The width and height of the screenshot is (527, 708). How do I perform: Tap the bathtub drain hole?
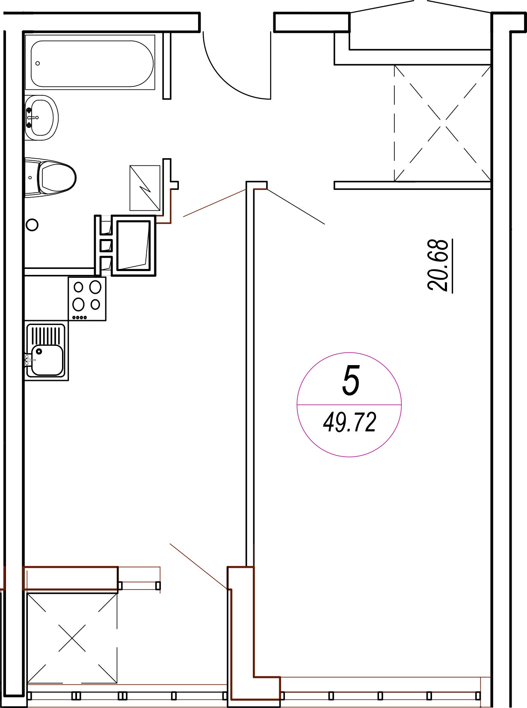pyautogui.click(x=38, y=63)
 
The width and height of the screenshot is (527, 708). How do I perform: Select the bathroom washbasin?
pyautogui.click(x=41, y=118)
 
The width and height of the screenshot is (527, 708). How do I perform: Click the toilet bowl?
pyautogui.click(x=57, y=177)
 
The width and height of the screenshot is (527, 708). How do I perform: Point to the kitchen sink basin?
pyautogui.click(x=47, y=360)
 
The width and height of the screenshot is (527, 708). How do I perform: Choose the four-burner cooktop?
pyautogui.click(x=87, y=299)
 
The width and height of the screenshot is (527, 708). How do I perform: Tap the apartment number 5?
pyautogui.click(x=351, y=380)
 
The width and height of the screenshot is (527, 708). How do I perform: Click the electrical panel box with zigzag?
pyautogui.click(x=145, y=188)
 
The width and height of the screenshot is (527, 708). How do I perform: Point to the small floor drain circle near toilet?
pyautogui.click(x=32, y=225)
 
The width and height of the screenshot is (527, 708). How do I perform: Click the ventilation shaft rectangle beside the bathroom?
pyautogui.click(x=133, y=245)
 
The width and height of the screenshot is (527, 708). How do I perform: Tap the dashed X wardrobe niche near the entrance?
pyautogui.click(x=442, y=123)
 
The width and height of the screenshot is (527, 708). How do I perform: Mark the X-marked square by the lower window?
pyautogui.click(x=72, y=638)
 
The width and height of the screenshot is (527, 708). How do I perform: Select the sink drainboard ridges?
pyautogui.click(x=46, y=335)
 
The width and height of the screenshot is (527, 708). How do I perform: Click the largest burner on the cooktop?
pyautogui.click(x=95, y=287)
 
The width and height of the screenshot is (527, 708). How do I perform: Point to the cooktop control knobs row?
pyautogui.click(x=80, y=317)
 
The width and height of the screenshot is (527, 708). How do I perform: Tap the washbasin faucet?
pyautogui.click(x=32, y=118)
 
